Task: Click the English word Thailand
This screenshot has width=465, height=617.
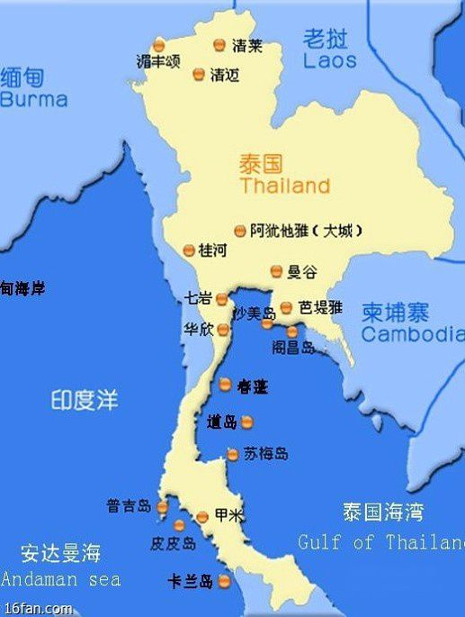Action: click(284, 187)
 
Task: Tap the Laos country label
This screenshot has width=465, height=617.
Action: click(329, 61)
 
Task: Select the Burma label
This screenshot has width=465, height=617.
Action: click(33, 99)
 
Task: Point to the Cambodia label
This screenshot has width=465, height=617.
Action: click(412, 334)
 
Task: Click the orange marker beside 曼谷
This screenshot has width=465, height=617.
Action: click(276, 270)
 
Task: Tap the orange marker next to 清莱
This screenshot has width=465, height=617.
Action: click(219, 44)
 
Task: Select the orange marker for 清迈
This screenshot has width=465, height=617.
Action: click(199, 76)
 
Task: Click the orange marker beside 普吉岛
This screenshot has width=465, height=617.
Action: click(162, 508)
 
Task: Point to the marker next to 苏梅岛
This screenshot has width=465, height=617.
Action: click(233, 455)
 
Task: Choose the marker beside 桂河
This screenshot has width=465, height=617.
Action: click(189, 250)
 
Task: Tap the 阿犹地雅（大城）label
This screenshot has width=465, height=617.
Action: click(307, 231)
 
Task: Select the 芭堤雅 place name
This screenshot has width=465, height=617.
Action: click(321, 307)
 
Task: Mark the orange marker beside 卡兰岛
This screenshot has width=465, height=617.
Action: click(225, 582)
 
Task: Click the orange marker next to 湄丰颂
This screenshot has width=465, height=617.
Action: click(158, 44)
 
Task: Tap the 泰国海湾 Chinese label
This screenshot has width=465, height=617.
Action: click(382, 513)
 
